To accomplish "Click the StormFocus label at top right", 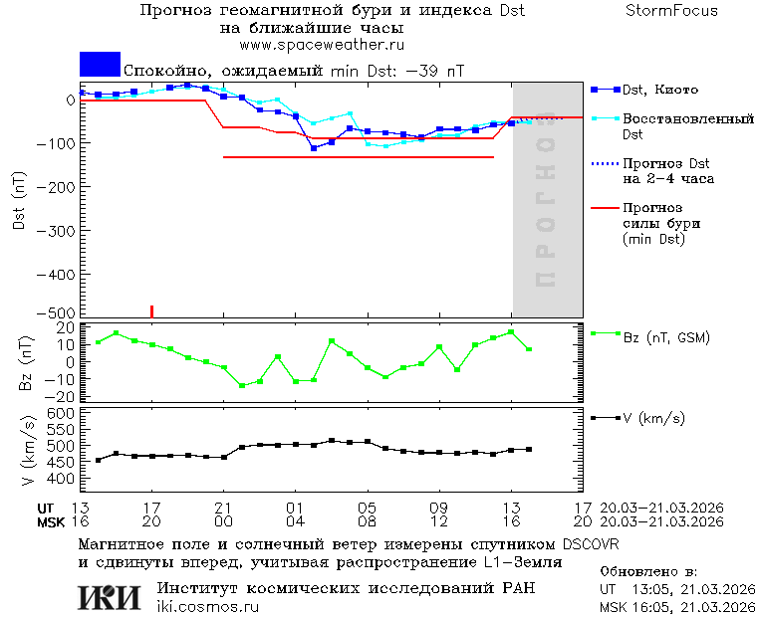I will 671,11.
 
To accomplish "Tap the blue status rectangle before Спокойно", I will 100,64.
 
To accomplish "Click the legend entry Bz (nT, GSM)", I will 666,337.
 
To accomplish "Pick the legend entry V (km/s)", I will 653,418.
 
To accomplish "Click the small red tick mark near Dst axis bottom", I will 151,311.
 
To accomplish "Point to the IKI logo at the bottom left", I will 109,596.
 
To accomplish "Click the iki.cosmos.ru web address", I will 208,607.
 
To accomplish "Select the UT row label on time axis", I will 47,508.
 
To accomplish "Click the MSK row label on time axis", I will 50,521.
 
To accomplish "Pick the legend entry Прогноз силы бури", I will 652,224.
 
